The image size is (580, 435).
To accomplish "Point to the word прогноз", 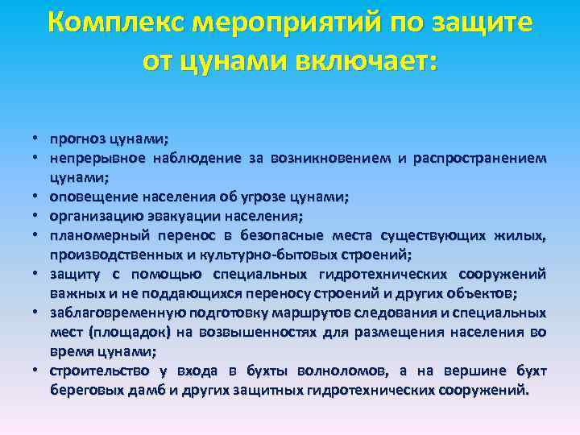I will click(x=75, y=138).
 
